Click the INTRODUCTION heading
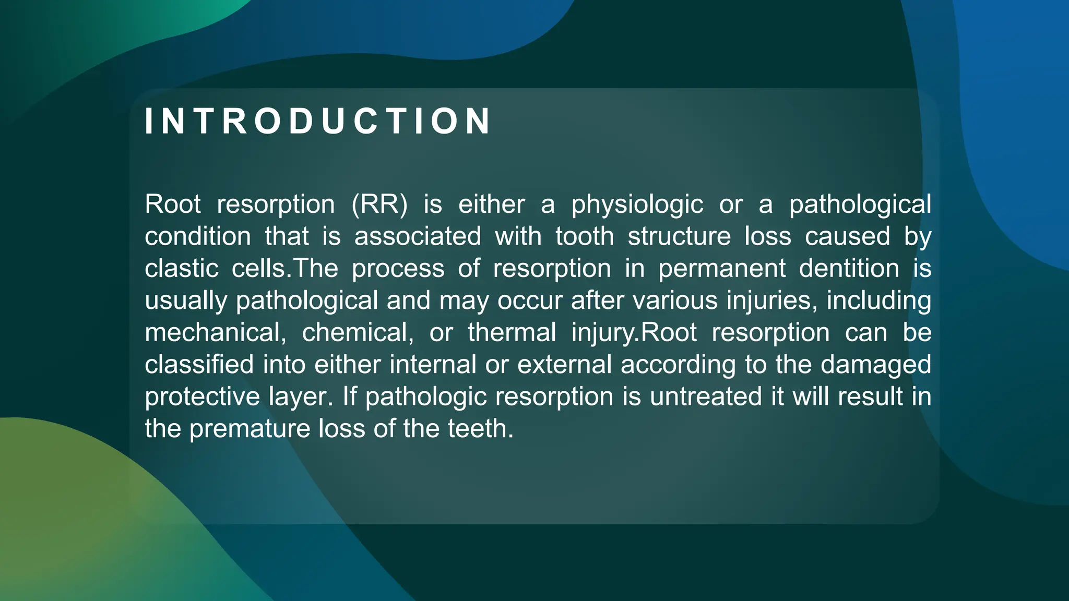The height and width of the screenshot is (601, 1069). tap(317, 121)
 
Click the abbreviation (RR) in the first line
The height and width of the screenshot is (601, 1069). tap(379, 204)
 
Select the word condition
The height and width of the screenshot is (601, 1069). tap(198, 236)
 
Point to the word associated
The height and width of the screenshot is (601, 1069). tap(418, 236)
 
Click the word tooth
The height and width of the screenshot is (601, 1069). tap(584, 236)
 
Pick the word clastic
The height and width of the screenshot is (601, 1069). tap(181, 269)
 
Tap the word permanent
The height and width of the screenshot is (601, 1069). tap(721, 269)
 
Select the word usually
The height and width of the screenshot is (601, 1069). tap(186, 302)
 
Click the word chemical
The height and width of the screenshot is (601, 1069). tap(358, 333)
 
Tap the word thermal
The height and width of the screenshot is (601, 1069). tap(512, 333)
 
